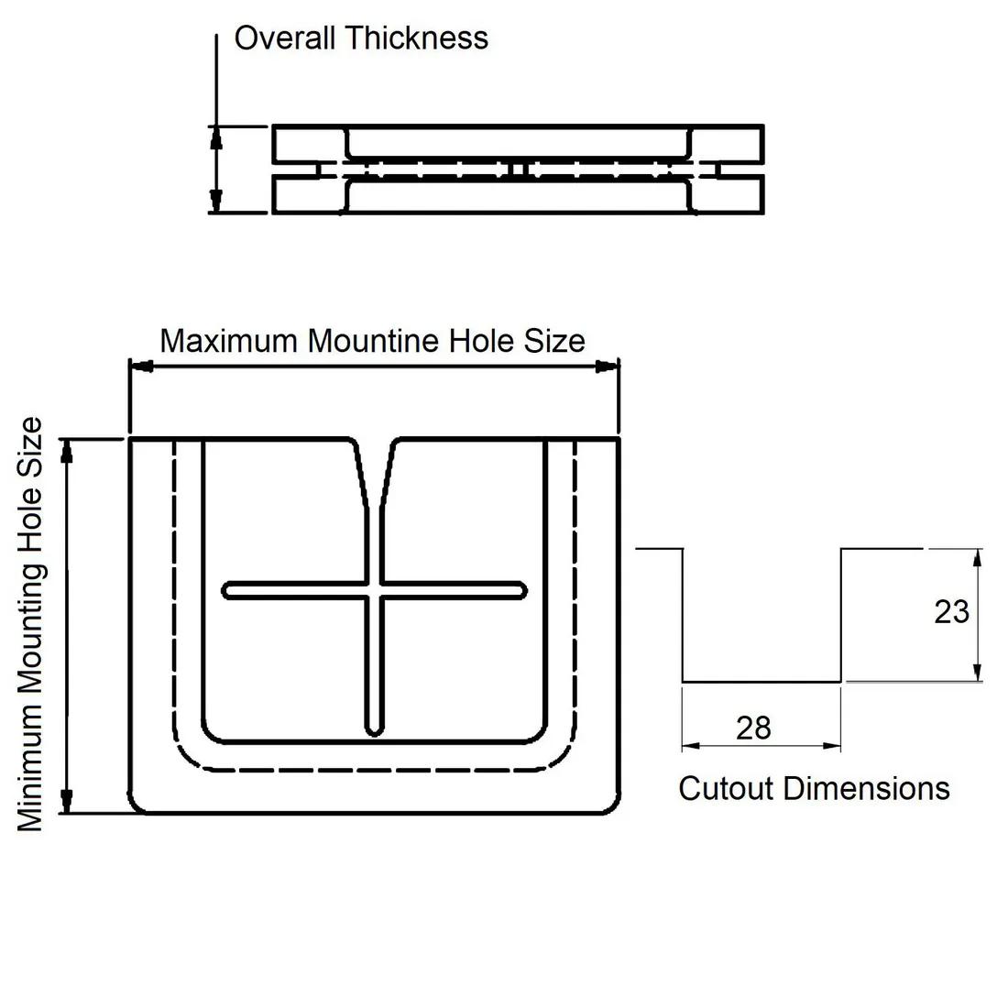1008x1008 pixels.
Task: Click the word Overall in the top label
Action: click(285, 38)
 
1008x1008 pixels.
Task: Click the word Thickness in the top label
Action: click(417, 38)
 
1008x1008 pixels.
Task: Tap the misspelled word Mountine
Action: click(374, 341)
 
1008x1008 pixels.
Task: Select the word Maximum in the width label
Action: click(229, 341)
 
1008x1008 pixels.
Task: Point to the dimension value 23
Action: click(951, 612)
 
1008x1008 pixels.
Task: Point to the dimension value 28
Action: click(753, 729)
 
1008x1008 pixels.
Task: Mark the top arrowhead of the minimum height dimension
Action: click(66, 450)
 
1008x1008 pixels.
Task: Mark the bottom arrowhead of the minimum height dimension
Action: click(66, 801)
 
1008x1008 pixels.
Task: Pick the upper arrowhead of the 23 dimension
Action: click(978, 558)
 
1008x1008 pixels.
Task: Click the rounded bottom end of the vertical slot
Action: click(374, 729)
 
